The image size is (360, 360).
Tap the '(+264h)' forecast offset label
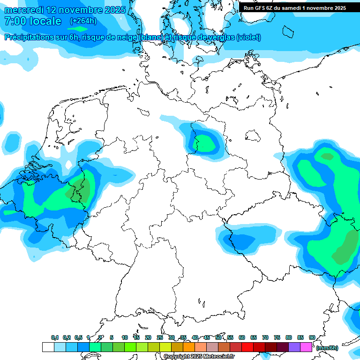(x=83, y=21)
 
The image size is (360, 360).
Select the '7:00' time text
(x=15, y=21)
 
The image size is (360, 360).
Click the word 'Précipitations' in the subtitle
(x=28, y=37)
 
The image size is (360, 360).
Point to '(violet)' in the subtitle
(x=248, y=37)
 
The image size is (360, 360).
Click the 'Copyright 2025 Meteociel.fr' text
(x=199, y=357)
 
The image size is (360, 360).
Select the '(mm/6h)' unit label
(x=327, y=348)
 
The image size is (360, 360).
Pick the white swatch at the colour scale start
(x=48, y=347)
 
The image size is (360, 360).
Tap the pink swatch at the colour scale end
(x=306, y=347)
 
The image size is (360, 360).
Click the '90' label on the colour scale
(x=312, y=337)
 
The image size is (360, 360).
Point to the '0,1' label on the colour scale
(x=55, y=337)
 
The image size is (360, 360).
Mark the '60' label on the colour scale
(x=242, y=337)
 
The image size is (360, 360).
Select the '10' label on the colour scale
(x=125, y=337)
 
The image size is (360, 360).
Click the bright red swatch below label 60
(x=247, y=347)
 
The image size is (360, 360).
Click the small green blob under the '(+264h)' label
(x=78, y=29)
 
